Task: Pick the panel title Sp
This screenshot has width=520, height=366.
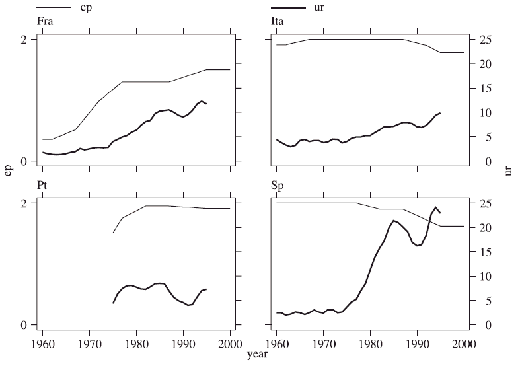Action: pos(277,187)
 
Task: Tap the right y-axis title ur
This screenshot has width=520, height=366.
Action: pos(509,173)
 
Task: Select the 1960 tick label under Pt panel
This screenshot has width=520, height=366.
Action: pos(43,344)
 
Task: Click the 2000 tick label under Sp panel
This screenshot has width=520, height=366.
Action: pos(464,344)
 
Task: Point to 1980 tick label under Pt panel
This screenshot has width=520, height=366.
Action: pos(137,344)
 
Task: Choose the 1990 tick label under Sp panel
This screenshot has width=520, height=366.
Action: pos(417,344)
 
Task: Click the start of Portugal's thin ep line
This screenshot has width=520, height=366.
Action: pos(113,233)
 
